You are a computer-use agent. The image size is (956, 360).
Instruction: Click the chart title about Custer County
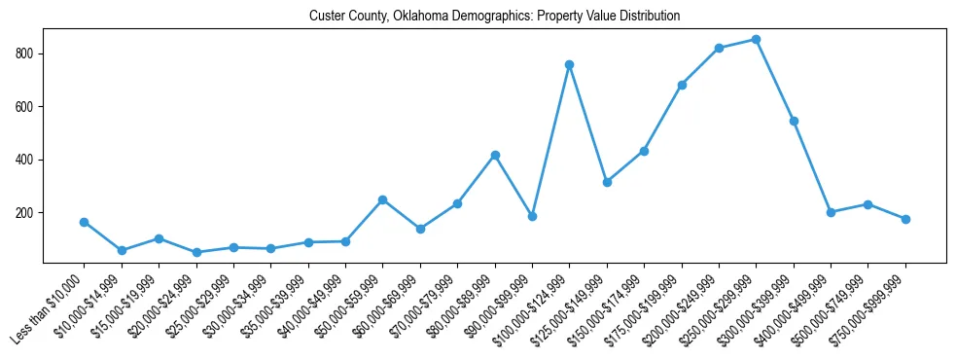tap(494, 17)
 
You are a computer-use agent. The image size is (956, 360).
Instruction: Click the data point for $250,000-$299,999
tap(757, 40)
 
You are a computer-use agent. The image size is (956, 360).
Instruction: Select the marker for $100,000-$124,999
tap(570, 64)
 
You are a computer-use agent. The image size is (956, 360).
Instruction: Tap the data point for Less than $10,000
tap(85, 222)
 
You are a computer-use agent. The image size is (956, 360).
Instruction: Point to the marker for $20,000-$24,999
tap(196, 252)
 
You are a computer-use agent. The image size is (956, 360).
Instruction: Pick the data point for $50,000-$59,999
tap(383, 199)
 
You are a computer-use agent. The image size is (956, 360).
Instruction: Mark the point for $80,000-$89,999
tap(495, 155)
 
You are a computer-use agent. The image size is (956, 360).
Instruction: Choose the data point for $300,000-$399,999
tap(795, 121)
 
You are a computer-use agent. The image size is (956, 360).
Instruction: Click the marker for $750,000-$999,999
tap(906, 219)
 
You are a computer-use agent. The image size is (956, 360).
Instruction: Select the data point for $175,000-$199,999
tap(682, 85)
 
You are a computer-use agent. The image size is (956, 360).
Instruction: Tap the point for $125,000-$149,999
tap(607, 182)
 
